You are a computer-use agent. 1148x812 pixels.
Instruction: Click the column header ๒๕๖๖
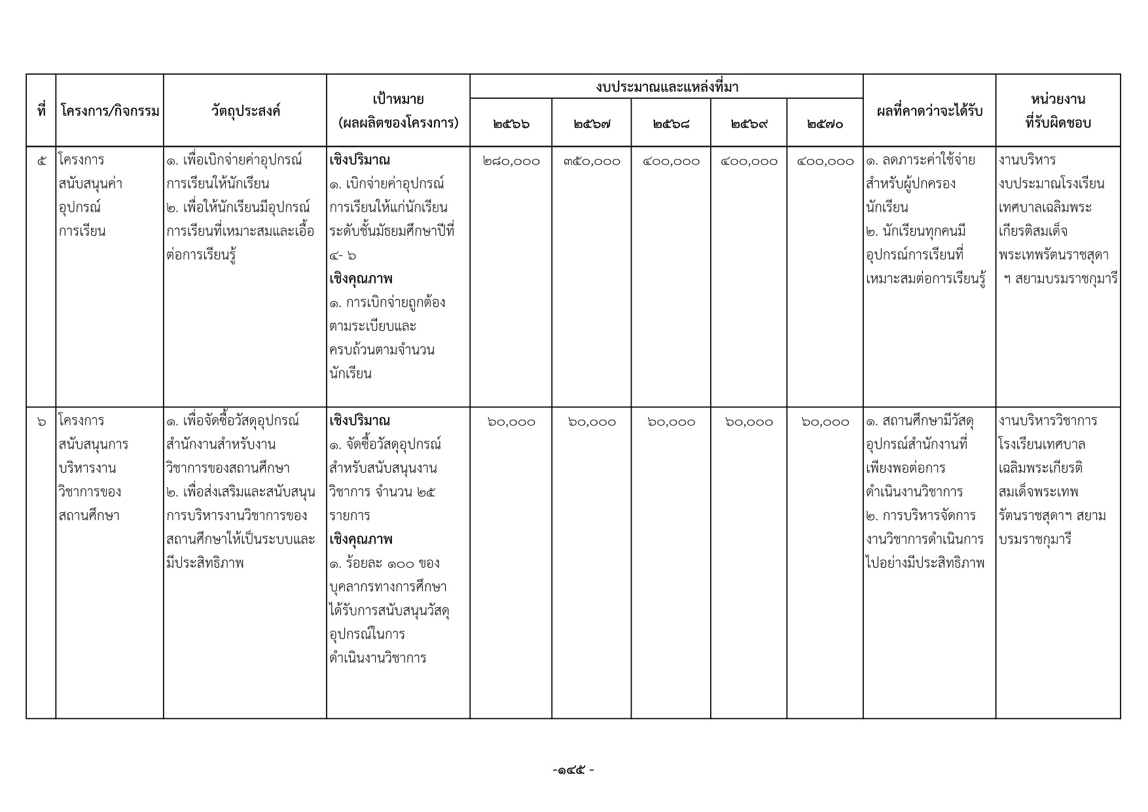pos(511,124)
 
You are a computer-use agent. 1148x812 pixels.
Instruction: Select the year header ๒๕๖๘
pos(671,124)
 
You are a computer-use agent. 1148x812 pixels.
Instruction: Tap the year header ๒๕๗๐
pos(825,124)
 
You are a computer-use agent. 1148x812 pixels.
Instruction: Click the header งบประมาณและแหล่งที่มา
pos(666,87)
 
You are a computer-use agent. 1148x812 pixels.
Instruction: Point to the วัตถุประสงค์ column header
pos(245,111)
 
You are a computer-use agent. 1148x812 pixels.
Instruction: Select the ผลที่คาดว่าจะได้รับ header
pos(929,111)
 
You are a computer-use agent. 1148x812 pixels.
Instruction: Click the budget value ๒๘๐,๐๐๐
pos(511,161)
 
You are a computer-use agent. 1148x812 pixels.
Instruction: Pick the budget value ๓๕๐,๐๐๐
pos(592,161)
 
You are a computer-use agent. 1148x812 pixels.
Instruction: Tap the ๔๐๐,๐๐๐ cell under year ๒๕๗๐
pos(825,161)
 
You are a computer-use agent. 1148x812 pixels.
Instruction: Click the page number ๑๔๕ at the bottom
pos(573,771)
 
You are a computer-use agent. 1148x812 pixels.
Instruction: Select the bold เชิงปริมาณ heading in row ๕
pos(360,160)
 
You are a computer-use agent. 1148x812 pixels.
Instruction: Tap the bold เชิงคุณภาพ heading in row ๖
pos(361,540)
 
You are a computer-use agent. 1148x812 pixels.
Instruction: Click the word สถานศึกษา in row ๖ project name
pos(89,516)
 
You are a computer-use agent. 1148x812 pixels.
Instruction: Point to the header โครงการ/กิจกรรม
pos(110,111)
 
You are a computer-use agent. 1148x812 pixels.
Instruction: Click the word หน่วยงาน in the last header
pos(1058,100)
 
